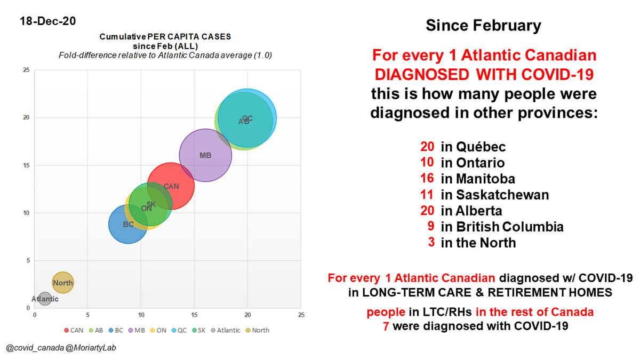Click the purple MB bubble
tap(205, 155)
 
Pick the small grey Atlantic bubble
tap(45, 299)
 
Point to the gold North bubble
tap(63, 283)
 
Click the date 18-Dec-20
tap(47, 21)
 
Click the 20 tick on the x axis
tap(247, 315)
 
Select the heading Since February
tap(483, 25)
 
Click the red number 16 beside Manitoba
tap(427, 179)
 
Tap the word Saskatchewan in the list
tap(494, 195)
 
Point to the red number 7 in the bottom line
tap(386, 325)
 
